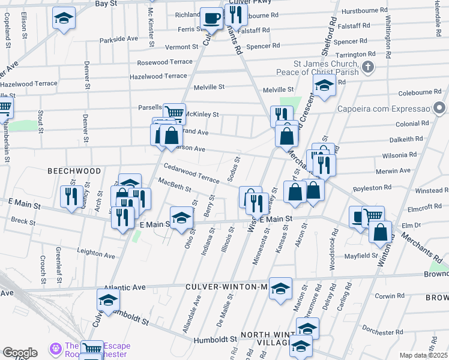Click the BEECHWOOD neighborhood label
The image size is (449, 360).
click(74, 171)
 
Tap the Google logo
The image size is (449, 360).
click(20, 353)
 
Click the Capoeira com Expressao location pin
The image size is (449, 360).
click(441, 109)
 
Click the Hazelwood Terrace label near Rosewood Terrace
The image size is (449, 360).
click(158, 76)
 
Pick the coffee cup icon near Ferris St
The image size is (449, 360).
click(211, 19)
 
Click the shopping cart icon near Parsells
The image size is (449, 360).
click(173, 113)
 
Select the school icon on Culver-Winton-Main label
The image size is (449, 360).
click(280, 289)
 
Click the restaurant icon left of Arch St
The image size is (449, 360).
click(71, 196)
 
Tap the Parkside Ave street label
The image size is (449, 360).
click(119, 39)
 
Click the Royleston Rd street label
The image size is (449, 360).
click(373, 188)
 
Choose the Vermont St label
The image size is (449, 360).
click(181, 47)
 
